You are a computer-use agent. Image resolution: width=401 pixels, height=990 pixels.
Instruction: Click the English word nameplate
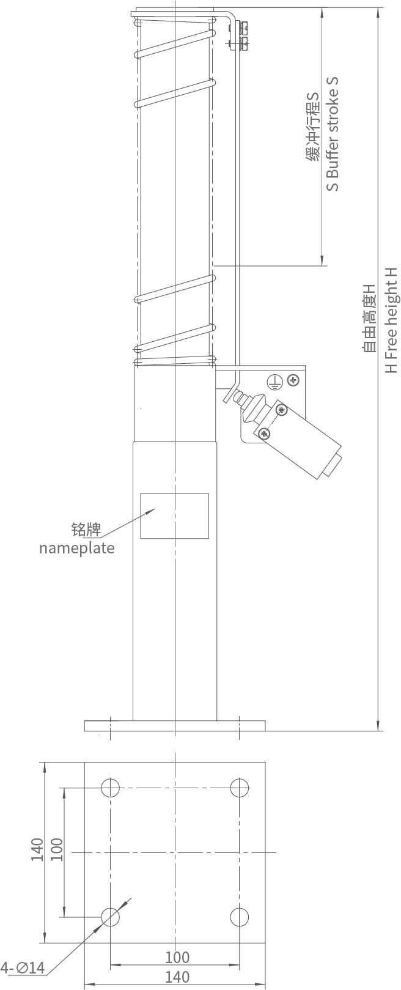pos(77,548)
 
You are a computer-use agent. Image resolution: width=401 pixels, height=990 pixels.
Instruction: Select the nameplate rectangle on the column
pos(174,515)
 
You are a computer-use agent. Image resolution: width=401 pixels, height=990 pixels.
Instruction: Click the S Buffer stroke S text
pos(333,134)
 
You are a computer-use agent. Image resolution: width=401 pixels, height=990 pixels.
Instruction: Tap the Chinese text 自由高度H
pos(369,318)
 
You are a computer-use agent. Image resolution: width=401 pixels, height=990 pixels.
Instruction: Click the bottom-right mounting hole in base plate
pos(240,917)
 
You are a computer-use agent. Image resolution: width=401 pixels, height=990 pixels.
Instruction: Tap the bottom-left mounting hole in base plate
pos(111,917)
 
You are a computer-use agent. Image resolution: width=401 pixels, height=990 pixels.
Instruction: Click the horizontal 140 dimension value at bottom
pos(177,977)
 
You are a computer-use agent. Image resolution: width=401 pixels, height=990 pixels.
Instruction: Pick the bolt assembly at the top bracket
pos(238,36)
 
